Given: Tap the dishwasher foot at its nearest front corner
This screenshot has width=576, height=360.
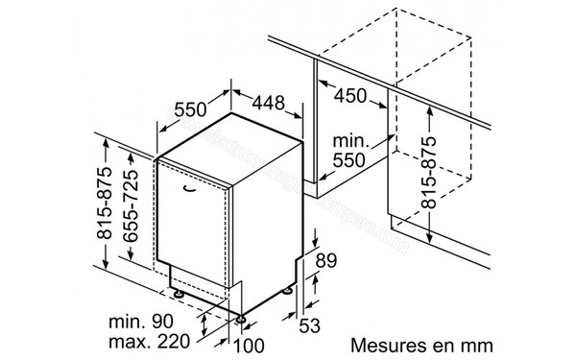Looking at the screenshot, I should pos(241,314).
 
